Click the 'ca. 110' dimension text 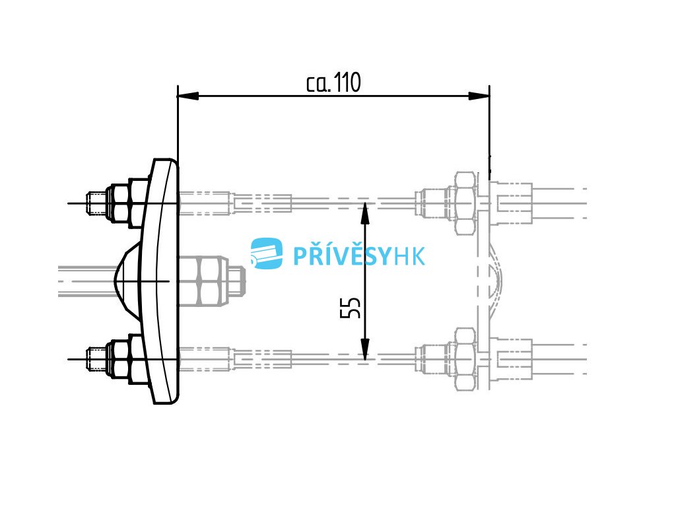click(x=334, y=83)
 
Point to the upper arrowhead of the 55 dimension click(x=365, y=213)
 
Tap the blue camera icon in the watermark click(x=267, y=253)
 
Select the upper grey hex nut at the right click(x=463, y=203)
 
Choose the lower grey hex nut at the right click(x=463, y=359)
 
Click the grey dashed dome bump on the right click(x=496, y=281)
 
